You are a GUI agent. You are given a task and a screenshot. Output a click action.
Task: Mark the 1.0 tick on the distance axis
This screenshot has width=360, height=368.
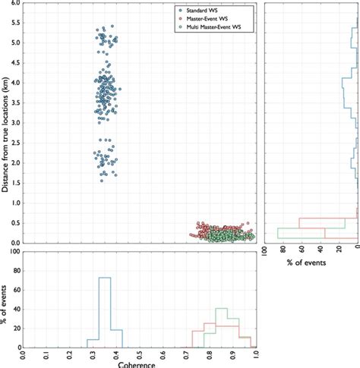pos(15,203)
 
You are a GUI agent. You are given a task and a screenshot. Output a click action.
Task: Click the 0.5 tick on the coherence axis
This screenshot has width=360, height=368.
pos(140,354)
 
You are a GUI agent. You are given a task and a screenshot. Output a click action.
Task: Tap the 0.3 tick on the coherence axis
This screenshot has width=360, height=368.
pos(93,354)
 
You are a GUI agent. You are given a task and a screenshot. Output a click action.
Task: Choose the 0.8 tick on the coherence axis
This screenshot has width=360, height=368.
pos(210,354)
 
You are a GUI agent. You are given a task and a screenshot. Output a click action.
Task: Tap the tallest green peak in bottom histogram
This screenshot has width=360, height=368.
pos(221,308)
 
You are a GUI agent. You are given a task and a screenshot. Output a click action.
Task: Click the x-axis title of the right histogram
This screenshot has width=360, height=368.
pos(309,262)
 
